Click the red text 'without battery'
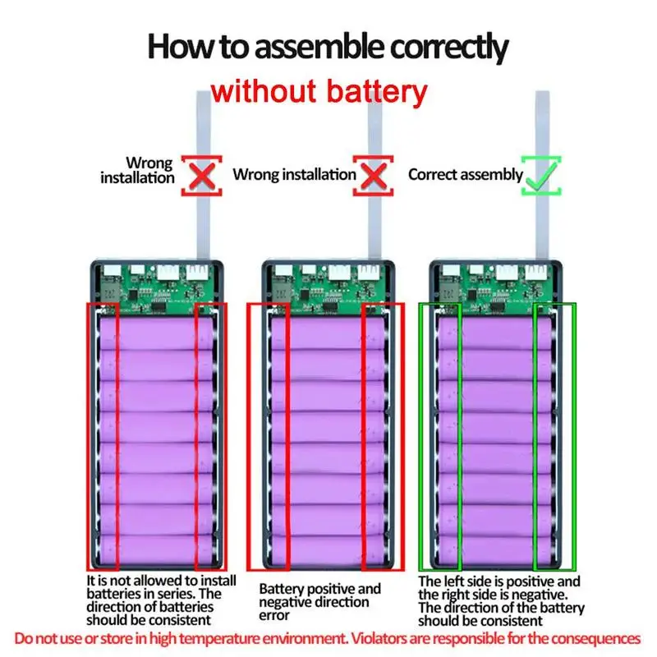pos(319,90)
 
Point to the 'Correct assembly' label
pos(465,174)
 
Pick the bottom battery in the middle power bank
pos(328,549)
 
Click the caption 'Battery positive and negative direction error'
pos(319,602)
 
